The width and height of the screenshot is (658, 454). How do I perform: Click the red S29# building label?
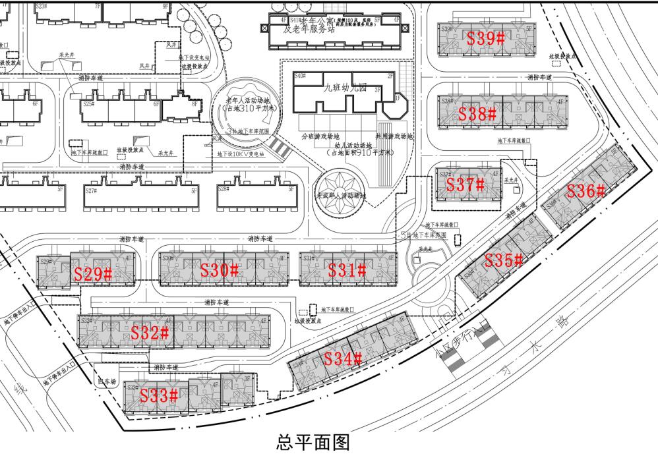93,275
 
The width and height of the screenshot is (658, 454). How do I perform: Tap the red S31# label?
347,270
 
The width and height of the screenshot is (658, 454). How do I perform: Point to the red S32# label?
150,333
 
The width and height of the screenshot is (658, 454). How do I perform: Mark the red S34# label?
342,359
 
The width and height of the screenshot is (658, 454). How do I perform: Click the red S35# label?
504,260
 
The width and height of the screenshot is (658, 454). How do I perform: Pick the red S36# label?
586,191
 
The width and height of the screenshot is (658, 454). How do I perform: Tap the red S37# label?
465,185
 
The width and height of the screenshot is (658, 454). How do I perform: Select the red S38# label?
477,113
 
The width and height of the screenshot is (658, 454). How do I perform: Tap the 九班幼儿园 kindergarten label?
346,86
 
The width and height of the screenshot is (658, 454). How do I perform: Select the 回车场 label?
105,382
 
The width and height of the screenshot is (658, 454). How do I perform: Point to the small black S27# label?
92,191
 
